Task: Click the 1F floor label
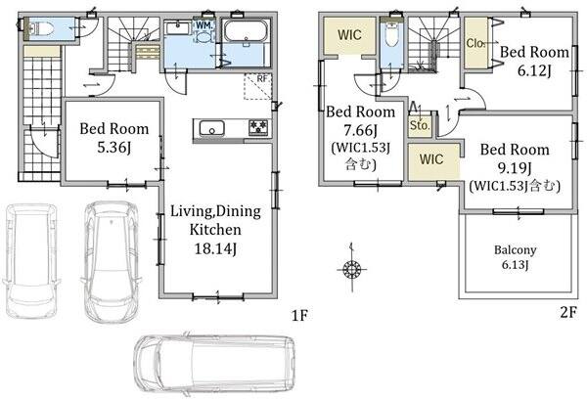click(299, 316)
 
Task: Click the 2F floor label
click(567, 312)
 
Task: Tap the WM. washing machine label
click(204, 25)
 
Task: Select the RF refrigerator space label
click(262, 78)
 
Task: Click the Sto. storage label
click(420, 125)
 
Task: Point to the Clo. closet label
click(475, 43)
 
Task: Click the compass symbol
click(351, 269)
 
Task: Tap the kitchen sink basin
click(211, 128)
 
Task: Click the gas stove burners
click(258, 126)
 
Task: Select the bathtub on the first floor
click(246, 32)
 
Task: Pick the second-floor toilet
click(391, 33)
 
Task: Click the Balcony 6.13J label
click(516, 257)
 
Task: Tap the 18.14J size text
click(215, 248)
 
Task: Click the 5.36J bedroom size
click(114, 148)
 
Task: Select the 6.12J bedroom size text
click(534, 70)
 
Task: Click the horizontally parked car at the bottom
click(214, 364)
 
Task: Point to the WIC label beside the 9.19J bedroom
click(431, 159)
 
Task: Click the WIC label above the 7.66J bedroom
click(349, 35)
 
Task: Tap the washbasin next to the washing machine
click(178, 28)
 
